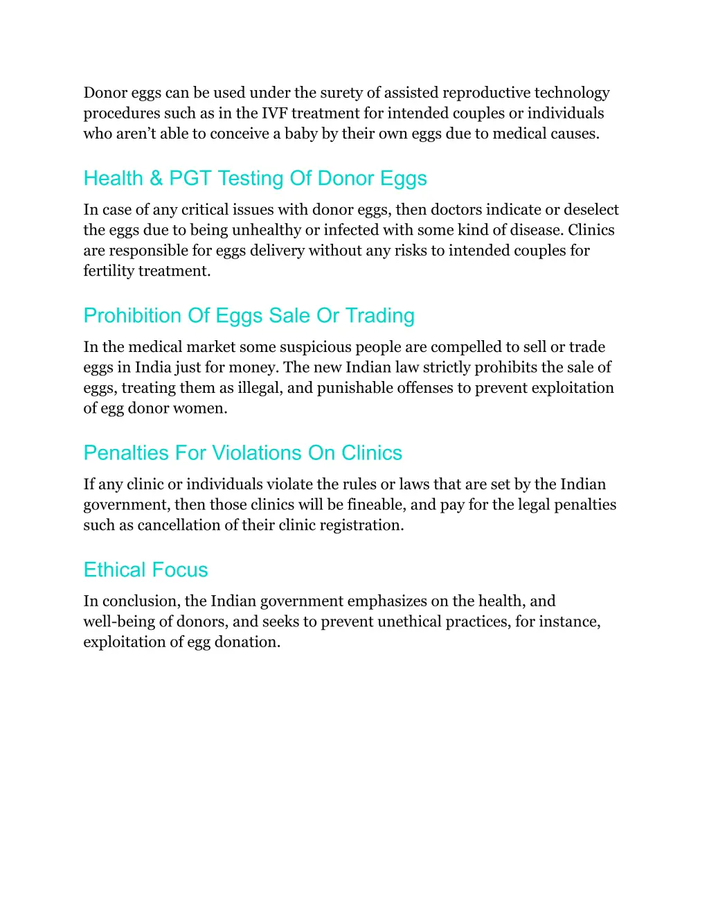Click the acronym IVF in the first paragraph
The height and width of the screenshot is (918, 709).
pos(273,113)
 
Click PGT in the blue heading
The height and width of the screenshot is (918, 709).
pos(190,178)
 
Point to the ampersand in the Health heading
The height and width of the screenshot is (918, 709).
pos(156,178)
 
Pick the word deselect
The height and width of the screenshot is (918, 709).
pos(591,209)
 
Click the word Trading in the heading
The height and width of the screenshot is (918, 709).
pos(379,315)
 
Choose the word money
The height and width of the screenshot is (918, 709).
pos(253,367)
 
